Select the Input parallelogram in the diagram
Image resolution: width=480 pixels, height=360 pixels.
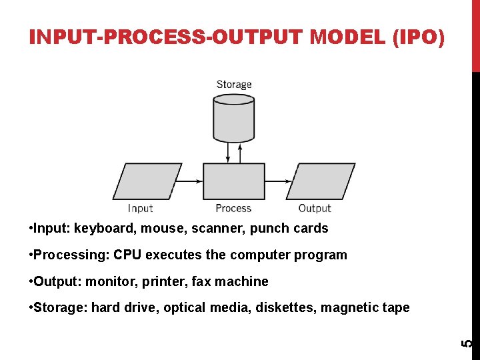(x=147, y=181)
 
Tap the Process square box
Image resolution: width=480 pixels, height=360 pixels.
(x=233, y=181)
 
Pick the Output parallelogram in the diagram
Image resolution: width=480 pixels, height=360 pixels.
(x=320, y=181)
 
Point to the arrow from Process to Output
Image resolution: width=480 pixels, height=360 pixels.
(x=277, y=181)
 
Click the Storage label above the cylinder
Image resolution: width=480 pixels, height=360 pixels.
(x=234, y=85)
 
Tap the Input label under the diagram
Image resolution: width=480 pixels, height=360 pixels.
(x=140, y=209)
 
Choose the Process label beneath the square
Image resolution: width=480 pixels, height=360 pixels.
(x=233, y=209)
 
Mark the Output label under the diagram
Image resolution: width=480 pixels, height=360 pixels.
(x=315, y=209)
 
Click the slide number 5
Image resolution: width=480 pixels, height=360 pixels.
(x=469, y=343)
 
